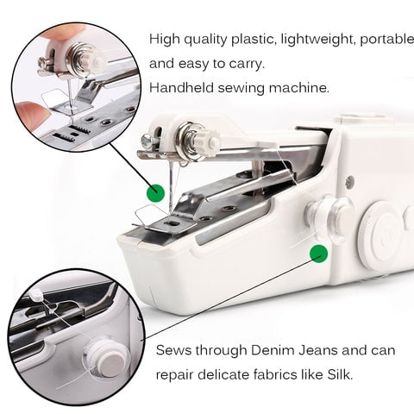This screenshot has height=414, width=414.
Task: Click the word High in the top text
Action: pos(166,40)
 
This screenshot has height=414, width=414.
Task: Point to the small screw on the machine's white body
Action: pos(349,182)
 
